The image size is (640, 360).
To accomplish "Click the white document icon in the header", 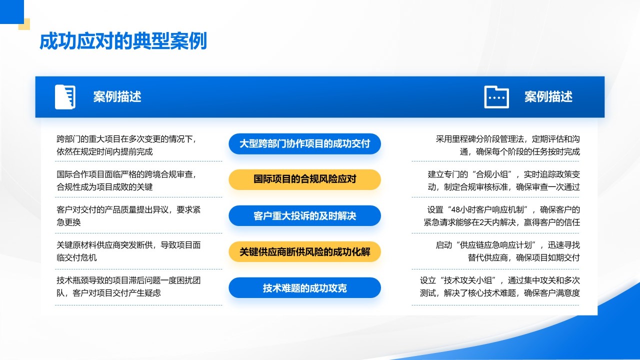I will tap(65, 97).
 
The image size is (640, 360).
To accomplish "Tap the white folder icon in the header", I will tap(496, 97).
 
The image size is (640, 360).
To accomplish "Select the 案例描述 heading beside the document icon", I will tap(117, 97).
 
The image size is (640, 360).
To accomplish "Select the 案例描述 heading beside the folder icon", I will tap(548, 97).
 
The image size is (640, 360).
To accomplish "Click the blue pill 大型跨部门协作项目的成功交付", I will tap(304, 144).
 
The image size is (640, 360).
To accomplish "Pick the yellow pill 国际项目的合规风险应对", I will tap(304, 179).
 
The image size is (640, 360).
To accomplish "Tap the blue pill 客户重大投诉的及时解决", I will tap(304, 216).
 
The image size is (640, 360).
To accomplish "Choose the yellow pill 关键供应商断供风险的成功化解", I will tap(304, 251).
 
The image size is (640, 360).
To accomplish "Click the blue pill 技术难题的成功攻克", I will tap(304, 288).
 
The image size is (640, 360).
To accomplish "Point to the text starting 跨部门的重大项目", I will tap(128, 145).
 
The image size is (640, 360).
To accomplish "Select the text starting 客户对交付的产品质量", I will tap(128, 216).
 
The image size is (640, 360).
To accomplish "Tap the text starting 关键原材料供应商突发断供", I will tap(128, 251).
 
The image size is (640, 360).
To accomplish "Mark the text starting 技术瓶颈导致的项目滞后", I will tap(128, 287).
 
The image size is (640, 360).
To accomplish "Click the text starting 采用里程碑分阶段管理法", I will tap(507, 145).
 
